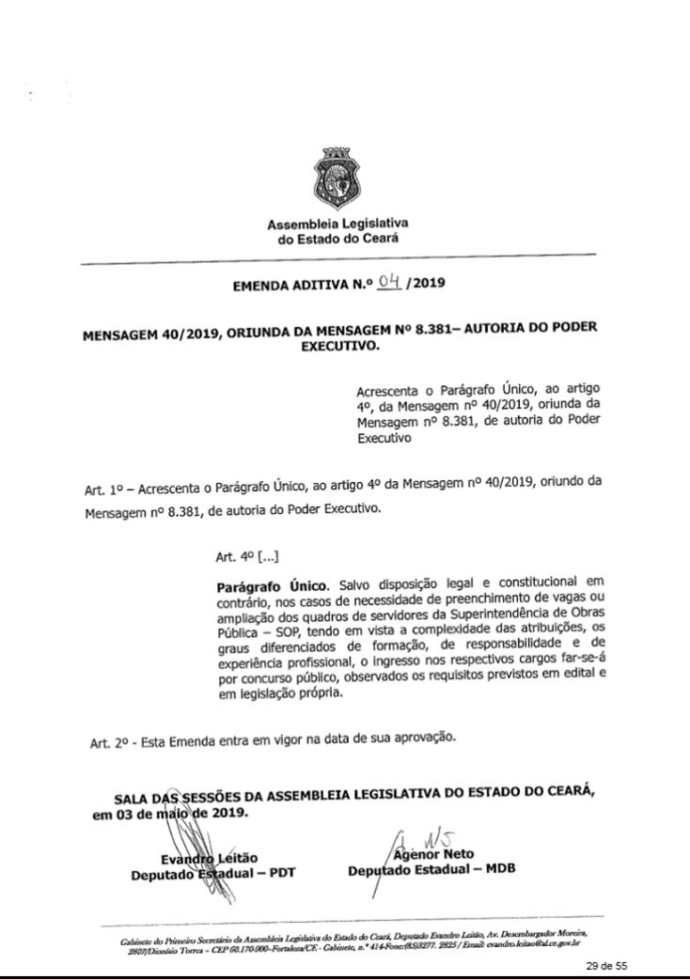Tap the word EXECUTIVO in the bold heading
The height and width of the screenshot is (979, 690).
click(x=338, y=345)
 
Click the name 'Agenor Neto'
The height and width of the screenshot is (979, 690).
click(x=433, y=854)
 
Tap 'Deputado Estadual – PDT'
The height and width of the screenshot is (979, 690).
click(x=213, y=872)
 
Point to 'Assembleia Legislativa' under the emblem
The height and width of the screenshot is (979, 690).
click(x=337, y=225)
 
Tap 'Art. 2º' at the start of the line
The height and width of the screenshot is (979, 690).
click(x=107, y=742)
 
